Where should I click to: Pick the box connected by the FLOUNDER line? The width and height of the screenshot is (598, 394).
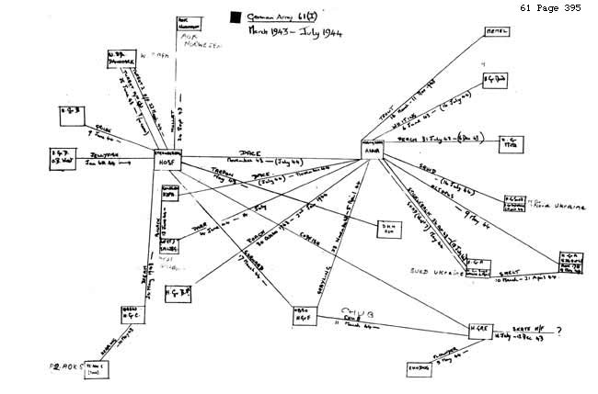tap(420, 369)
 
